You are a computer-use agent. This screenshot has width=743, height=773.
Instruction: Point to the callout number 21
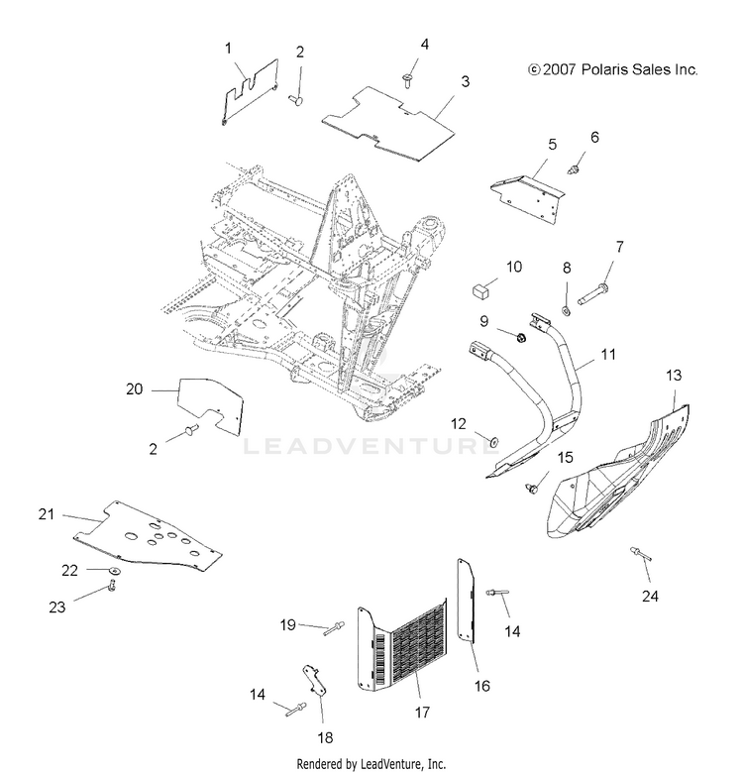(x=45, y=513)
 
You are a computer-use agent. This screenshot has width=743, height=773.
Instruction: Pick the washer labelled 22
(x=115, y=573)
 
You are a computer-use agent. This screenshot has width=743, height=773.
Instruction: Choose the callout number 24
(x=650, y=597)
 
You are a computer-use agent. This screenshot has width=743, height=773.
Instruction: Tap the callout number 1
(x=228, y=48)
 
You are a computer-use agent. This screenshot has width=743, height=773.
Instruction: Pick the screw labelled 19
(x=332, y=626)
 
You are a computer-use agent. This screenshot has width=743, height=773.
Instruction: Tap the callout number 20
(x=135, y=389)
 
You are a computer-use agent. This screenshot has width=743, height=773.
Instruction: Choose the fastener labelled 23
(x=111, y=589)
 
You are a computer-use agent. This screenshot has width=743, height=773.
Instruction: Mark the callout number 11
(x=608, y=354)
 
